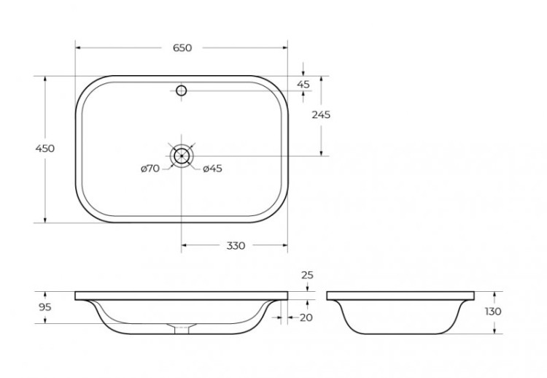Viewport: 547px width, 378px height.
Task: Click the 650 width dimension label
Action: click(x=182, y=48)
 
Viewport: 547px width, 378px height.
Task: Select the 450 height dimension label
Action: click(x=45, y=148)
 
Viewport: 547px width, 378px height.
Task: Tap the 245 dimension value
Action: click(x=321, y=115)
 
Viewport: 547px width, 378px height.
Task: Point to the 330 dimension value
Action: click(x=236, y=246)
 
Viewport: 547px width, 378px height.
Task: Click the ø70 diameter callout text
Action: click(x=150, y=169)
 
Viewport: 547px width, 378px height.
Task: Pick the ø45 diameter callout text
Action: click(x=212, y=169)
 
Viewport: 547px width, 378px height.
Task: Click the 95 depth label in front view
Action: click(x=45, y=307)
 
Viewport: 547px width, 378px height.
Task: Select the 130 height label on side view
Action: click(x=493, y=311)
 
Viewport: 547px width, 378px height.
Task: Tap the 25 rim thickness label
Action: click(x=307, y=275)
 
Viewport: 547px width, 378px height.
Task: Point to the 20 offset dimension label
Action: click(x=306, y=317)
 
